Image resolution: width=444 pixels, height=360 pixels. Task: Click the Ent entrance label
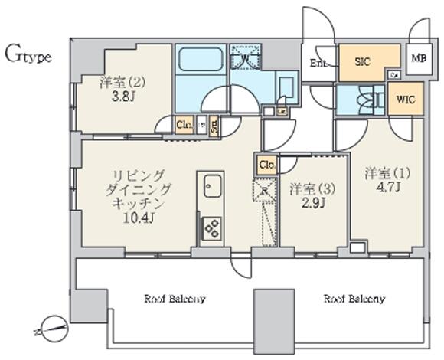click(318, 63)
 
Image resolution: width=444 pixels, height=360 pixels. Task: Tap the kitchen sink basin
click(211, 184)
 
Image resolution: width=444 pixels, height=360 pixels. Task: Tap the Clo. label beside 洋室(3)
click(266, 165)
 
